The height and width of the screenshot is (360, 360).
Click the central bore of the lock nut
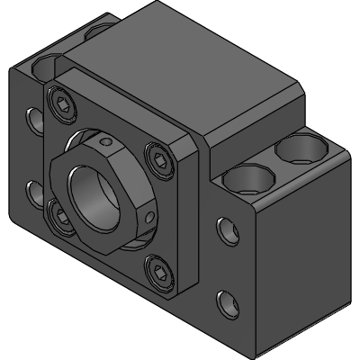[x=96, y=184]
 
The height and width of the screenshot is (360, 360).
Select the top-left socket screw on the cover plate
[x=60, y=106]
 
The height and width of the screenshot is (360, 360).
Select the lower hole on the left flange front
[x=34, y=191]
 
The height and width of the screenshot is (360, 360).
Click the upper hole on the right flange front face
[x=223, y=232]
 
